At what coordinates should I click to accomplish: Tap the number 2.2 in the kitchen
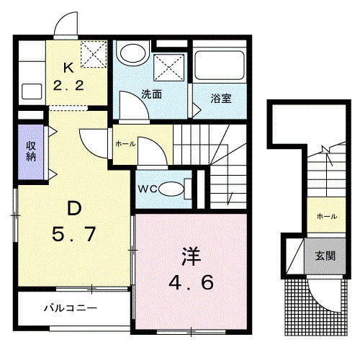point(69,85)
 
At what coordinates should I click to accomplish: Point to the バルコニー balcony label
point(71,307)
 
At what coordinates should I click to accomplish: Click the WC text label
point(148,189)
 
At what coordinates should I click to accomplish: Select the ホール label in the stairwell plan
point(325,215)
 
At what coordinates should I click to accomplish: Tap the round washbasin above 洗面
point(132,53)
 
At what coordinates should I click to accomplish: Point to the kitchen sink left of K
point(32,91)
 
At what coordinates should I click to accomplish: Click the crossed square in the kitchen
point(92,52)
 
